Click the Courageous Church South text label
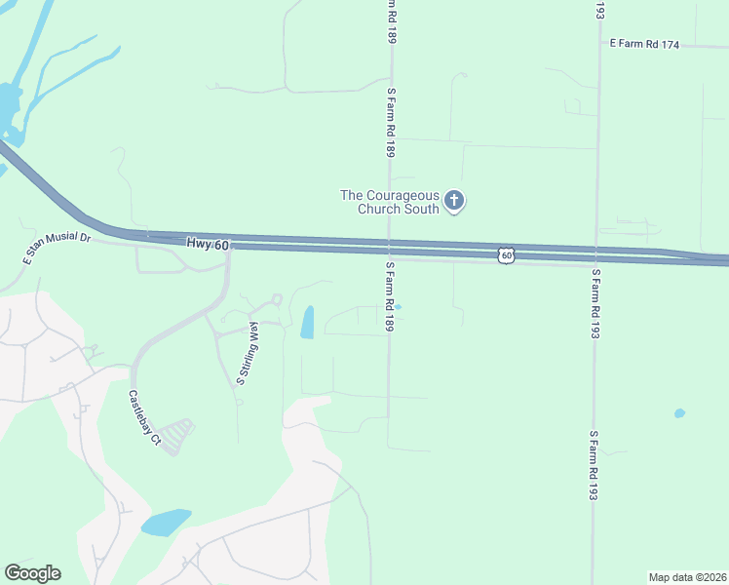point(389,202)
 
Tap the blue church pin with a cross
point(453,201)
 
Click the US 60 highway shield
point(506,253)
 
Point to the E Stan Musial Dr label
point(57,249)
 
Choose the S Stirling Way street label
point(247,353)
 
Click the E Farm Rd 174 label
point(643,44)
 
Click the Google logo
point(32,573)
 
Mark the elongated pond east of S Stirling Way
point(307,323)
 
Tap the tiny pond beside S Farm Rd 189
point(398,307)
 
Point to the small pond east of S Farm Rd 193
point(679,413)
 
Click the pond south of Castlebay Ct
point(166,523)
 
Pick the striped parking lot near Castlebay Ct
point(176,436)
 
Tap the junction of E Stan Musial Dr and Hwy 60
point(146,237)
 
